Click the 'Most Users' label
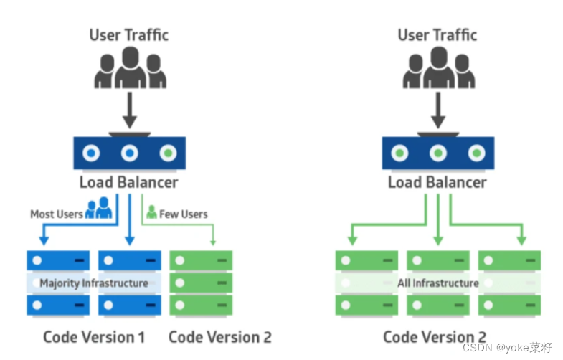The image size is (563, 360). tap(56, 214)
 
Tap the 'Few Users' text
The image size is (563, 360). tap(184, 214)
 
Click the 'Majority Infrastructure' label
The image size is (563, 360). tap(94, 283)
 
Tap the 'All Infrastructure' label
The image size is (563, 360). tap(437, 283)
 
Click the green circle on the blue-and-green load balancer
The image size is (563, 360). tap(168, 153)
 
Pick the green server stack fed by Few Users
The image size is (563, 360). tap(201, 283)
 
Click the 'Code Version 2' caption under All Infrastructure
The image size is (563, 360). tap(435, 336)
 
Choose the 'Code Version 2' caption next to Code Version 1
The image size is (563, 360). tap(219, 336)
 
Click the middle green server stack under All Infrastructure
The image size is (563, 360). tap(437, 283)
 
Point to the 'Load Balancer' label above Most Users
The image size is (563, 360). tap(129, 182)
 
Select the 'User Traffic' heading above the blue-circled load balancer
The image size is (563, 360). tap(129, 34)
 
